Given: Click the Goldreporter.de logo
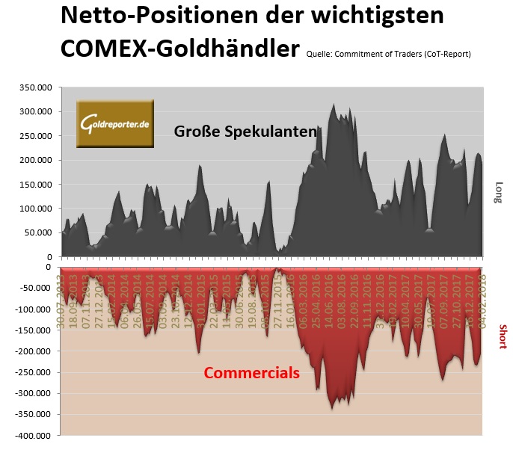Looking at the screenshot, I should click(x=115, y=123).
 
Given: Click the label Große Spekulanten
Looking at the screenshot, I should click(x=247, y=132).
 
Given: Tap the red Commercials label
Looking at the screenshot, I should click(x=252, y=372).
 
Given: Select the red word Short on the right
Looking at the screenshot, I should click(x=503, y=336).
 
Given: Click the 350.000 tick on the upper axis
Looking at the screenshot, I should click(x=35, y=88).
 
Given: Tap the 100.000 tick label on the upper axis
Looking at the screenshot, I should click(x=35, y=209).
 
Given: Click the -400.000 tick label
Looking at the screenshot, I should click(x=32, y=435).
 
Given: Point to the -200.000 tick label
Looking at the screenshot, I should click(x=32, y=351).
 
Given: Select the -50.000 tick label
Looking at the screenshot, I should click(x=35, y=288).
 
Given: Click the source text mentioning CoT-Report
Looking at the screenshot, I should click(x=388, y=54).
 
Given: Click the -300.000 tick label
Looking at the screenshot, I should click(x=32, y=393).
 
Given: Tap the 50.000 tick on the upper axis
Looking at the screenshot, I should click(x=38, y=232).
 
